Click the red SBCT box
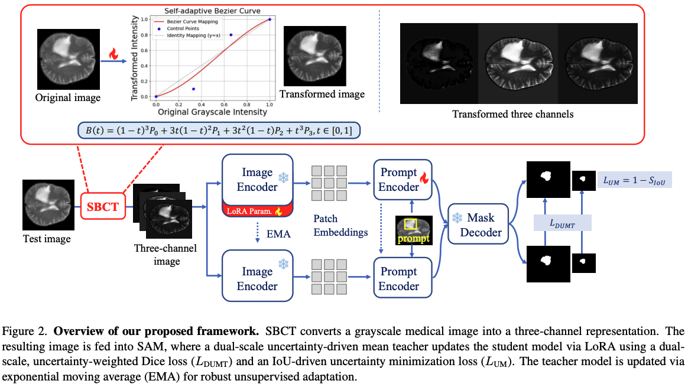click(x=103, y=206)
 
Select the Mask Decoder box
click(x=478, y=224)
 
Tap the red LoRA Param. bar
click(x=258, y=211)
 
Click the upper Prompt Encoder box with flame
click(x=403, y=180)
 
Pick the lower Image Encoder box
click(x=258, y=276)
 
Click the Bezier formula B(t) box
click(x=219, y=131)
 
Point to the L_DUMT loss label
click(x=563, y=223)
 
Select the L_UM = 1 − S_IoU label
click(x=634, y=180)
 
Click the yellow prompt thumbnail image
click(x=414, y=230)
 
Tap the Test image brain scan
click(x=48, y=205)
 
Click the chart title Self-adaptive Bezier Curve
click(x=212, y=11)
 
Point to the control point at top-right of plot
click(x=270, y=19)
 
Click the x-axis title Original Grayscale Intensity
click(x=212, y=112)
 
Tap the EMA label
click(x=278, y=234)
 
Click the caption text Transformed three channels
click(x=513, y=114)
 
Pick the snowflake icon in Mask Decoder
click(x=457, y=218)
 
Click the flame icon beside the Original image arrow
click(x=113, y=54)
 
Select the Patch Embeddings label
click(x=340, y=225)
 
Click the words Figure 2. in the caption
click(x=25, y=331)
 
